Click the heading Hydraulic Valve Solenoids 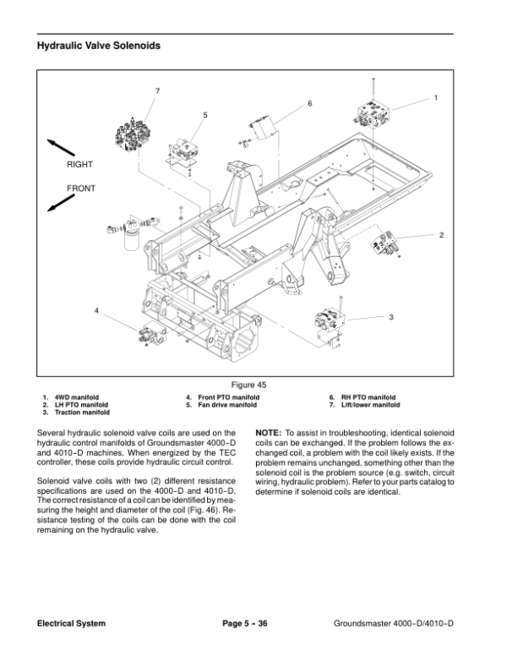(99, 46)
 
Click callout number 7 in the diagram (158, 90)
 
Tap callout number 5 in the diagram (205, 115)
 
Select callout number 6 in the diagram (309, 103)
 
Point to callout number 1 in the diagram (436, 97)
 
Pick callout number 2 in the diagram (441, 235)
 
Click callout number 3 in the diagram (391, 317)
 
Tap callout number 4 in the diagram (96, 310)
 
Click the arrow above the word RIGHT (61, 148)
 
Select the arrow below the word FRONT (61, 203)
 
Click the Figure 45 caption (249, 385)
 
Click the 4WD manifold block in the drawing (373, 113)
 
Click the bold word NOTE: (269, 433)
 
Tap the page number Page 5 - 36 (245, 623)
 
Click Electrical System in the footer (71, 623)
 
